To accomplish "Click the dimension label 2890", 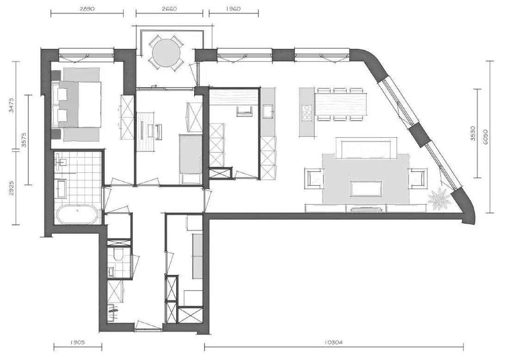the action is tap(87, 9).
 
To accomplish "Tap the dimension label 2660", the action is tap(169, 9).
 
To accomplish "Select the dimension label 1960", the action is tap(233, 9).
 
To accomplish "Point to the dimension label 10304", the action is tap(334, 343).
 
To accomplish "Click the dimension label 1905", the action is tap(77, 343).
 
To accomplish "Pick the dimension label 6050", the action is tap(486, 137).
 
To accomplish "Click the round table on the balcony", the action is tap(166, 54).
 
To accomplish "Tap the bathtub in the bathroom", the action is tap(77, 214).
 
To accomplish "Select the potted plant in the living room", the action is tap(439, 200).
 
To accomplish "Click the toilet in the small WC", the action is tap(118, 254).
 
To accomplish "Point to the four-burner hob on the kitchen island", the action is tap(307, 113).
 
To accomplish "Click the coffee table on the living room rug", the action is tap(367, 189).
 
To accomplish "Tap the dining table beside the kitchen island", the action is tap(341, 104).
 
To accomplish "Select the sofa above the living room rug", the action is tap(366, 147).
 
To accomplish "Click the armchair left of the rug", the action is tap(314, 178).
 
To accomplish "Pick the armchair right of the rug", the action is tap(418, 178).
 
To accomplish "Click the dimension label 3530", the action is tap(473, 133).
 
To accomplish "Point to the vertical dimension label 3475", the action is tap(12, 105).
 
